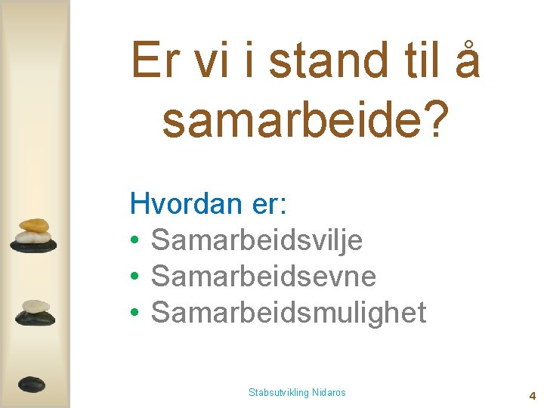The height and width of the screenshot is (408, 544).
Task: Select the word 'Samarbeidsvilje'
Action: (257, 241)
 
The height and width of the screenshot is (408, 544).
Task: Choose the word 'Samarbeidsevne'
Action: (263, 277)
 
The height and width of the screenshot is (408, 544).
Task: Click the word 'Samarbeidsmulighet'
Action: (289, 312)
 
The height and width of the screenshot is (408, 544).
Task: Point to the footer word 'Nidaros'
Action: (329, 392)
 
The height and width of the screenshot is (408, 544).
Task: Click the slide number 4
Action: (532, 395)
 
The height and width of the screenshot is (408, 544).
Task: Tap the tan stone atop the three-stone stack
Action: (34, 225)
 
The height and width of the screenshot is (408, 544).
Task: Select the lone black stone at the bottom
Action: (32, 384)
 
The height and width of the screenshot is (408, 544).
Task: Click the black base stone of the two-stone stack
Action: (35, 318)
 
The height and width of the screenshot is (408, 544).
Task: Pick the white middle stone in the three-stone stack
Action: (34, 236)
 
